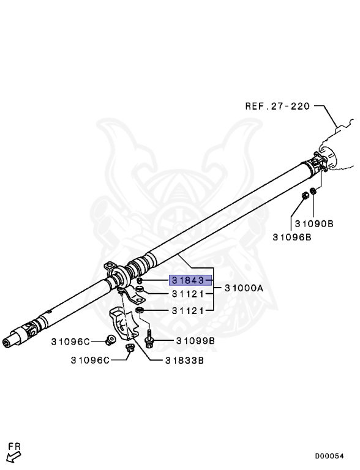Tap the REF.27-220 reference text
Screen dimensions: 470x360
click(279, 105)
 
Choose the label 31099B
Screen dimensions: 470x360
click(195, 340)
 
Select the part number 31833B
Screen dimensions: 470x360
click(184, 360)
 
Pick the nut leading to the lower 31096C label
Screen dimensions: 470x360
click(129, 349)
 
